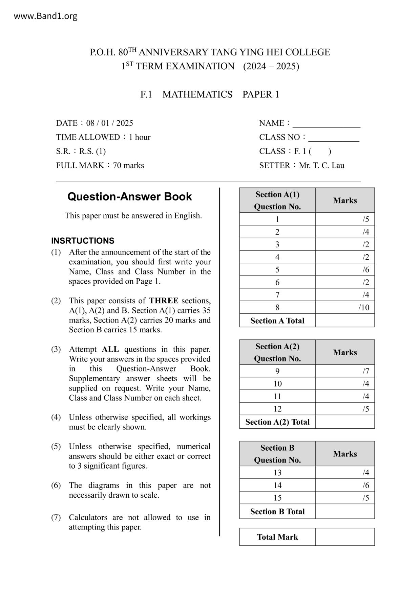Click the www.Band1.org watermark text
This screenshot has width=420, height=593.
point(45,16)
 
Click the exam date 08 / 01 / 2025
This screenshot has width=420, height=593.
point(109,123)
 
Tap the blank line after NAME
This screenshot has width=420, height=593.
point(326,124)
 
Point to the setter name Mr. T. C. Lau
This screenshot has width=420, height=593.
point(321,165)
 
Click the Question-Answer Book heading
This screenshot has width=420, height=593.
point(129,196)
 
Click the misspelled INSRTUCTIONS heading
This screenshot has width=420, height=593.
point(83,241)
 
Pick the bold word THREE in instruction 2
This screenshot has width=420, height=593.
point(164,301)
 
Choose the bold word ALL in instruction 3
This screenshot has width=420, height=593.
point(110,349)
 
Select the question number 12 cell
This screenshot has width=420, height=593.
point(277,409)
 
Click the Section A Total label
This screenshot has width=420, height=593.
point(277,321)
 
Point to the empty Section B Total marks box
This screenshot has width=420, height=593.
point(345,511)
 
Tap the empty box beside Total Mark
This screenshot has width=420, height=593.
point(345,537)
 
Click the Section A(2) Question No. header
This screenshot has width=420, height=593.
point(277,352)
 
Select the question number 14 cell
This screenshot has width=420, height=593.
point(277,485)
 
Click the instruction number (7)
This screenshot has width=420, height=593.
point(56,517)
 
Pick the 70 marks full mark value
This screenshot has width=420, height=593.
point(128,165)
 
